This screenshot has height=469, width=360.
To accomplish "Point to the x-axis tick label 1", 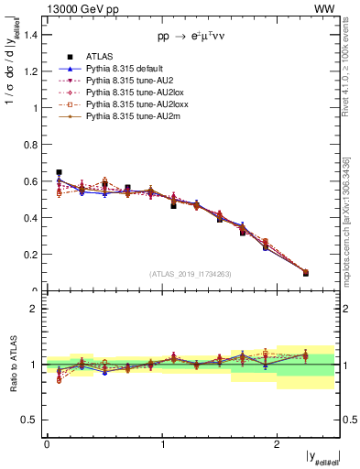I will click(x=162, y=444).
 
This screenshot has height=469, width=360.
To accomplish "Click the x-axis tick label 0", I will click(x=47, y=444).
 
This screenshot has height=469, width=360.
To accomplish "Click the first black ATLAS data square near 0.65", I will click(x=59, y=172).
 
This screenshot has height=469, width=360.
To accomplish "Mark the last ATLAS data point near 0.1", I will click(x=305, y=273).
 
